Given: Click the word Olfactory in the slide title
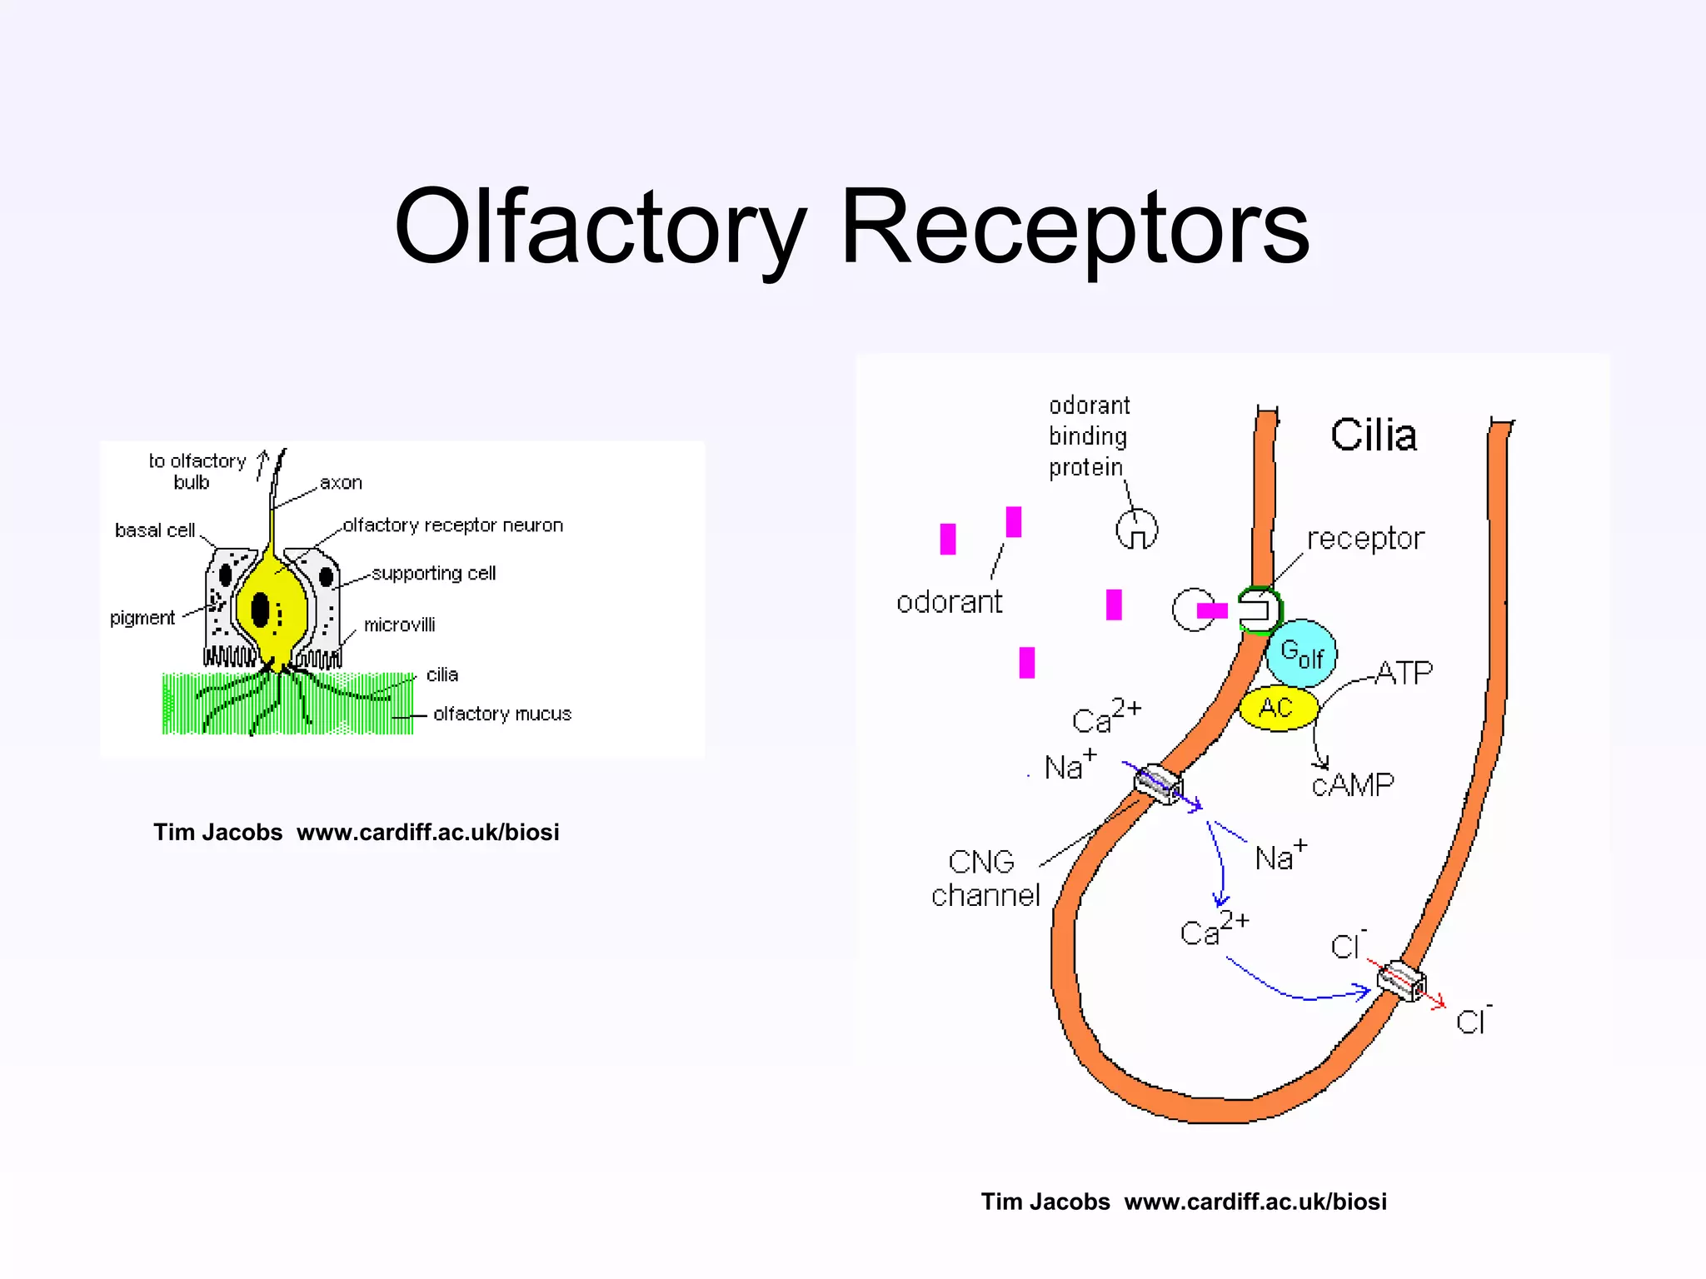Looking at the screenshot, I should tap(600, 226).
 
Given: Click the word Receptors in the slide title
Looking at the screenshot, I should tap(1075, 226).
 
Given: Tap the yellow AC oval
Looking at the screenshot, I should tap(1277, 709).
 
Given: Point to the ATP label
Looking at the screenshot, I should tap(1404, 673).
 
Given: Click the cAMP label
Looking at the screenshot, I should tap(1353, 784).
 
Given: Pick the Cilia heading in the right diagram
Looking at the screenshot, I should tap(1373, 435).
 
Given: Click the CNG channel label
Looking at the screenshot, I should tap(985, 878).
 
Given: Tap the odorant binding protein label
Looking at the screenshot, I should tap(1088, 436).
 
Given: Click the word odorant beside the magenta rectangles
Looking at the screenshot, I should tap(949, 602).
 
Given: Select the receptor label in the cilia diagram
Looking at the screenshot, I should tap(1365, 539).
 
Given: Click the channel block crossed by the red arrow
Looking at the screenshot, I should tap(1401, 981).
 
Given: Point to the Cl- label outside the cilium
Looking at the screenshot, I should tap(1473, 1021).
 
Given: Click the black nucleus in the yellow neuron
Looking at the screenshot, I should tap(261, 610).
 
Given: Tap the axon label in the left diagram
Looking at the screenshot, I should tap(341, 483).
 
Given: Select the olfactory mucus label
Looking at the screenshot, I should tap(502, 714).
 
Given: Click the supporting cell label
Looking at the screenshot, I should tap(433, 574).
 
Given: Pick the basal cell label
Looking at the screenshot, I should tap(155, 530).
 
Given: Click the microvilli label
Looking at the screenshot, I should tap(399, 625).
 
